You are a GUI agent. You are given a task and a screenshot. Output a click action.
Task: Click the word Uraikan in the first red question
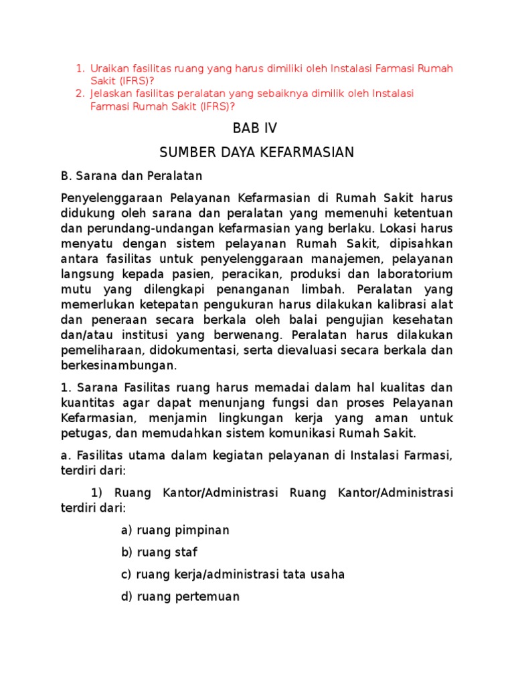[x=110, y=68]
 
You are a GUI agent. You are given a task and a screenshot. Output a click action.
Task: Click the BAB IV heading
[x=254, y=128]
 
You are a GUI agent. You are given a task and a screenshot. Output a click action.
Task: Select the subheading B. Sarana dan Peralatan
[x=131, y=177]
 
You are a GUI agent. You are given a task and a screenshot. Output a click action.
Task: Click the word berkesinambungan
[x=119, y=365]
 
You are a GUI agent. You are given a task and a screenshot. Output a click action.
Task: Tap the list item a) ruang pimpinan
[x=175, y=530]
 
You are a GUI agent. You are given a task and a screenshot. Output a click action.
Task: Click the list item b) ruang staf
[x=159, y=553]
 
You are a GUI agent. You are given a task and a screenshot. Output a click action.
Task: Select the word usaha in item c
[x=329, y=575]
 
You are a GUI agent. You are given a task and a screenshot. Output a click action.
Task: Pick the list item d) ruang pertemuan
[x=180, y=597]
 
